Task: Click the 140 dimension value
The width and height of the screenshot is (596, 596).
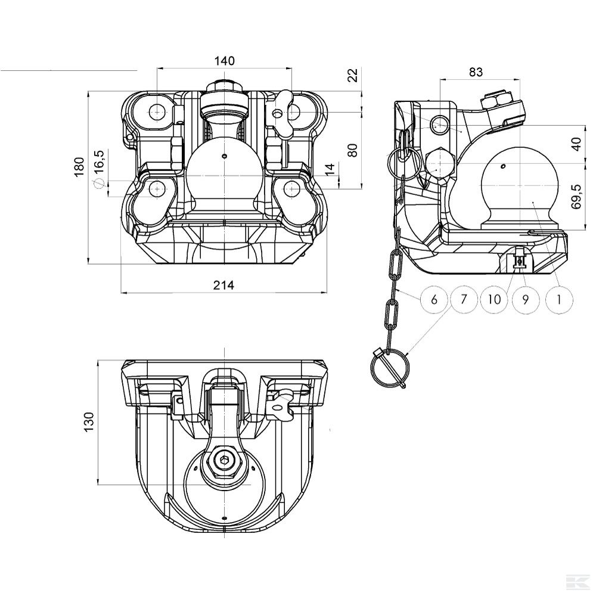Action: (x=224, y=61)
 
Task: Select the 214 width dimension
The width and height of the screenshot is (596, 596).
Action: (x=223, y=285)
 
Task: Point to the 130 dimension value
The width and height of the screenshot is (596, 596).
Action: (x=88, y=422)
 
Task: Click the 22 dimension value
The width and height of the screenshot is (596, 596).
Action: (x=352, y=76)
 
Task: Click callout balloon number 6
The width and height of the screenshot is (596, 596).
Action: (x=434, y=299)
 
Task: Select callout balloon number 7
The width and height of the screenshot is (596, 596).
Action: (x=465, y=299)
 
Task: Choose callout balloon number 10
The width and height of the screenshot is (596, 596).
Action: (x=495, y=299)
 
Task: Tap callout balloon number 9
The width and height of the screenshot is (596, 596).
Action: (x=526, y=299)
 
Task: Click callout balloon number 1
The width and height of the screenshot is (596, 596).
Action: (x=558, y=299)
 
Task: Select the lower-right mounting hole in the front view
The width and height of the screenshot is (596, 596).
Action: (x=291, y=189)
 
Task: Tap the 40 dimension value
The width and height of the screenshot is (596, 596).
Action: (x=576, y=145)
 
